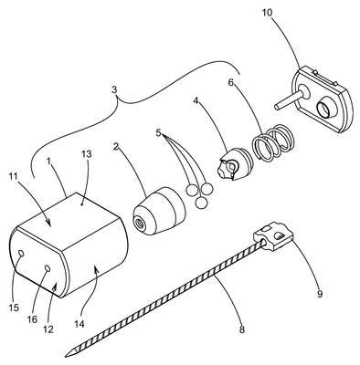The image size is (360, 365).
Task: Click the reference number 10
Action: pyautogui.click(x=269, y=14)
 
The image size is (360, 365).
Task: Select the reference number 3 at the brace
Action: pyautogui.click(x=114, y=90)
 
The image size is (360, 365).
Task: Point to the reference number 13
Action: pyautogui.click(x=87, y=154)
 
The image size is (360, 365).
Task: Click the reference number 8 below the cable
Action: pyautogui.click(x=241, y=329)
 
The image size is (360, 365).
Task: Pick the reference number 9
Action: pyautogui.click(x=320, y=294)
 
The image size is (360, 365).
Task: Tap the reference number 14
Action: pyautogui.click(x=79, y=324)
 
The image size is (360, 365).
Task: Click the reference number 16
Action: pyautogui.click(x=33, y=319)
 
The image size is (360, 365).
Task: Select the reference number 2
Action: pyautogui.click(x=115, y=147)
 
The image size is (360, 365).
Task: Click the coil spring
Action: pyautogui.click(x=272, y=143)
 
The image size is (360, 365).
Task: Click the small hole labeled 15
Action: pyautogui.click(x=22, y=253)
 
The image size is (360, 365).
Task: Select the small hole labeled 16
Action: pyautogui.click(x=48, y=268)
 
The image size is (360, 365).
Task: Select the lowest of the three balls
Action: pyautogui.click(x=201, y=203)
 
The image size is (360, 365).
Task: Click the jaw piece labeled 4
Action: pyautogui.click(x=236, y=164)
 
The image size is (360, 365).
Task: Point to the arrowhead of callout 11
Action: pyautogui.click(x=48, y=224)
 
